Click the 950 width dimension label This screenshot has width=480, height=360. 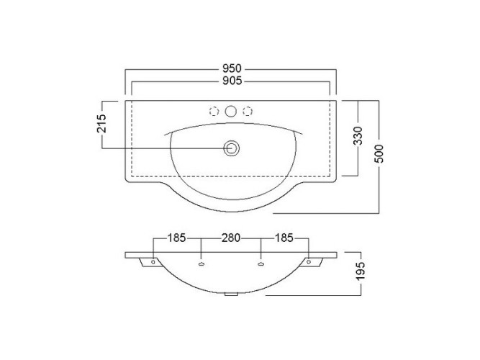tap(232, 68)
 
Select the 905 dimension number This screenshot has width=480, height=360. tap(232, 81)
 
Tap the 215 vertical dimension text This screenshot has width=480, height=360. tap(101, 123)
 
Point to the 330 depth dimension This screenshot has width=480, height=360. tap(358, 135)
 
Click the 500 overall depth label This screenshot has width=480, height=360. tap(379, 153)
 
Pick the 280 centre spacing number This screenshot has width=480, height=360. tap(231, 238)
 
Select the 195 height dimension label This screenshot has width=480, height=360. tap(361, 271)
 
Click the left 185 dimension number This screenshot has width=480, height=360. tap(176, 238)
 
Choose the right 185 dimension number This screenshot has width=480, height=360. tap(284, 238)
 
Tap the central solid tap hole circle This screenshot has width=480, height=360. tap(231, 111)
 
